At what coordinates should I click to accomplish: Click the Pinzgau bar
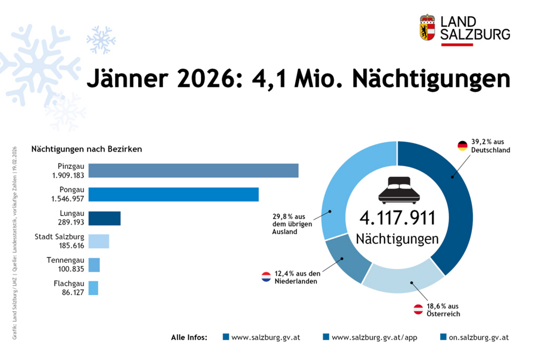tap(193, 171)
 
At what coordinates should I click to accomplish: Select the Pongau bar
tap(173, 194)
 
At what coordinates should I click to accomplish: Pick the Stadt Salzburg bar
tap(99, 241)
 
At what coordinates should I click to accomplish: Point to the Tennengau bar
tap(94, 265)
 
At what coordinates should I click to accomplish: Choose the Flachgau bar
tap(93, 288)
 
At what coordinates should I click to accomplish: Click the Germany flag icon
tap(462, 146)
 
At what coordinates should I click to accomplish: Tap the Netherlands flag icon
tap(266, 277)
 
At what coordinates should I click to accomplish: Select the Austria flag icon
tap(418, 309)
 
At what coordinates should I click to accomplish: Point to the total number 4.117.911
tap(397, 218)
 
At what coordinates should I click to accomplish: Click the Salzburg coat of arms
tap(427, 27)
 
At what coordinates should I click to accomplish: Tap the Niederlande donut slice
tap(346, 259)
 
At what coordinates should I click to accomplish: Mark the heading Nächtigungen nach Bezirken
tap(86, 149)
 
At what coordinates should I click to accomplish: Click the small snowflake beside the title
tap(101, 39)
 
